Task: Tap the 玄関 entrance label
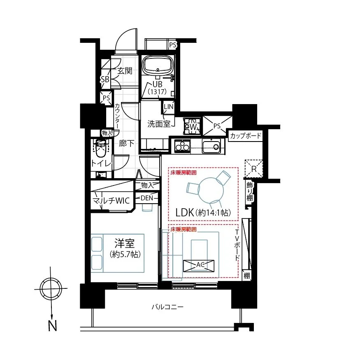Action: pyautogui.click(x=125, y=71)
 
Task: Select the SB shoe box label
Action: pyautogui.click(x=105, y=79)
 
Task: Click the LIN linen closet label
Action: pyautogui.click(x=169, y=107)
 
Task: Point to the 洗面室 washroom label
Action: pyautogui.click(x=159, y=124)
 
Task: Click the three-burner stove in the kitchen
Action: pyautogui.click(x=182, y=146)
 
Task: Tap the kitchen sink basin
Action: pyautogui.click(x=211, y=146)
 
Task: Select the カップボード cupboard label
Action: pyautogui.click(x=246, y=136)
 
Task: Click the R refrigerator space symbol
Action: pyautogui.click(x=254, y=169)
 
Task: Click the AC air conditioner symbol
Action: pyautogui.click(x=199, y=265)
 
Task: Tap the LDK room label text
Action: pyautogui.click(x=203, y=213)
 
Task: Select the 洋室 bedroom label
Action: pyautogui.click(x=125, y=243)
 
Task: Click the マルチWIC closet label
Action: pyautogui.click(x=111, y=201)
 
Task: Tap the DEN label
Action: pyautogui.click(x=147, y=198)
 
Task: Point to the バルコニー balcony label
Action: pyautogui.click(x=167, y=307)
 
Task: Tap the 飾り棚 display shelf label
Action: pyautogui.click(x=250, y=191)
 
